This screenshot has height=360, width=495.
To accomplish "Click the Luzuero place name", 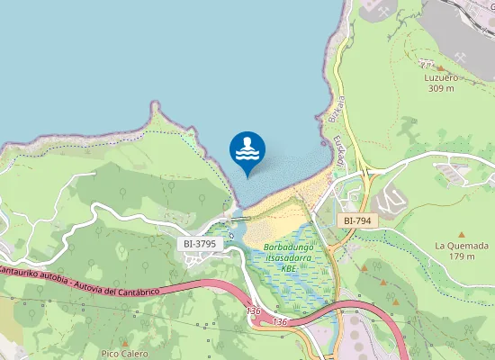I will pos(442,77).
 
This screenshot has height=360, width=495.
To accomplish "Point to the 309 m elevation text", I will pos(442,88).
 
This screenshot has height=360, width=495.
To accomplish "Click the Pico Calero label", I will pos(124,354).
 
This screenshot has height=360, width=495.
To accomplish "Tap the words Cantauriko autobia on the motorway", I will pos(32,269).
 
